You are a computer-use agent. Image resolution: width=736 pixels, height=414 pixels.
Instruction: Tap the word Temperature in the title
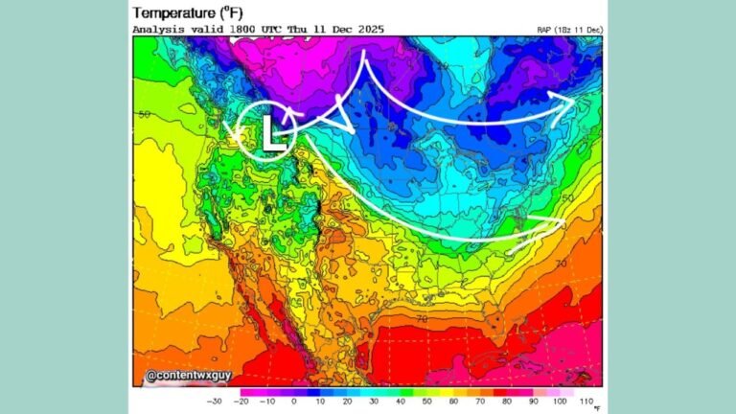pyautogui.click(x=173, y=12)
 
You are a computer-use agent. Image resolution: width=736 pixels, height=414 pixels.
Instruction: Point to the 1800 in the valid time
pyautogui.click(x=244, y=30)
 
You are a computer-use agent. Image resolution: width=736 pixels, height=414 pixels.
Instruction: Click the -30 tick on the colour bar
pyautogui.click(x=215, y=402)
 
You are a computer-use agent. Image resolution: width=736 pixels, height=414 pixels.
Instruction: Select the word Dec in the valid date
pyautogui.click(x=337, y=30)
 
